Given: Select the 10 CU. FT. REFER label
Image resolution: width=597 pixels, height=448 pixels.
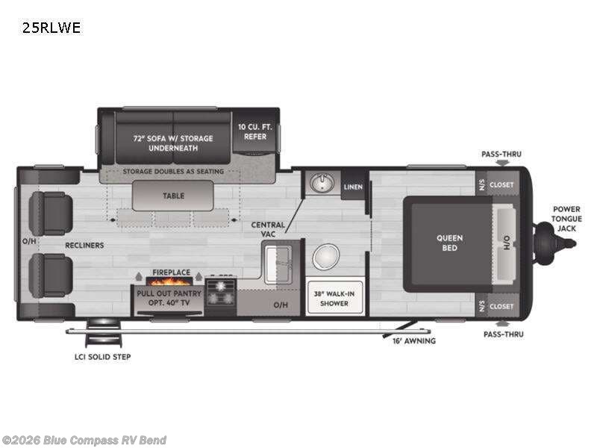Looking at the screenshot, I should pyautogui.click(x=255, y=132).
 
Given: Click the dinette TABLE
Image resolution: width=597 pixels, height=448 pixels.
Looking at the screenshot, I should pyautogui.click(x=173, y=196).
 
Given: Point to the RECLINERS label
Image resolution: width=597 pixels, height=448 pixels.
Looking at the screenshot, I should pyautogui.click(x=84, y=245).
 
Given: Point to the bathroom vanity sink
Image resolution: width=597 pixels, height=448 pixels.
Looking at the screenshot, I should pyautogui.click(x=322, y=182).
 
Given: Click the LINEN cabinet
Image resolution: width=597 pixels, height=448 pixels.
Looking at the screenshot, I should pyautogui.click(x=352, y=187).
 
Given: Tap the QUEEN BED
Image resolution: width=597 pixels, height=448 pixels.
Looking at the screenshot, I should pyautogui.click(x=449, y=243).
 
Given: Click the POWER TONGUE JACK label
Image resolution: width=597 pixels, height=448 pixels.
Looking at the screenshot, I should pyautogui.click(x=567, y=220).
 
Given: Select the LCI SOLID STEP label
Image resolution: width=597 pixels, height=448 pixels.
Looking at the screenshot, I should pyautogui.click(x=102, y=357).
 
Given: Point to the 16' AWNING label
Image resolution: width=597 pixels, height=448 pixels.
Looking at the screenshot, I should pyautogui.click(x=414, y=340).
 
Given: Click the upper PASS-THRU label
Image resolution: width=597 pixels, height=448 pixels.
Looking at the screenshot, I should pyautogui.click(x=501, y=154).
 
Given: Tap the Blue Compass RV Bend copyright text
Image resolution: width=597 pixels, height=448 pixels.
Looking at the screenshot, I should pyautogui.click(x=84, y=440).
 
